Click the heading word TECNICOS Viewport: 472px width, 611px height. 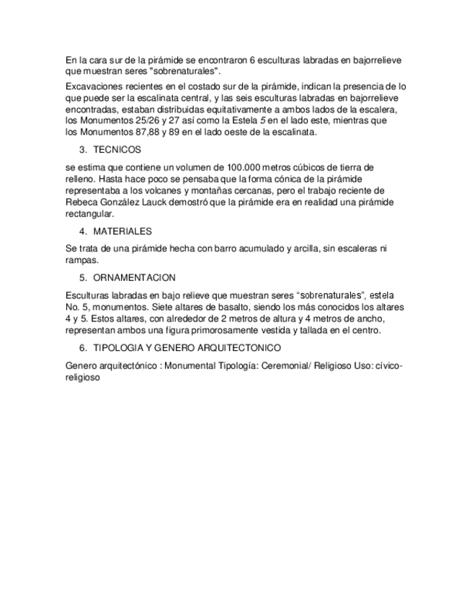tap(117, 150)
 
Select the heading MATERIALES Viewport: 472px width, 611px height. tap(123, 231)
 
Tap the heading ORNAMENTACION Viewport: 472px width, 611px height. tap(135, 277)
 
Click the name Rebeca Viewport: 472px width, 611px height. tap(81, 202)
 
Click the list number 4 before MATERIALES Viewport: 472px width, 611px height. tap(82, 231)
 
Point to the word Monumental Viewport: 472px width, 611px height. tap(190, 365)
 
